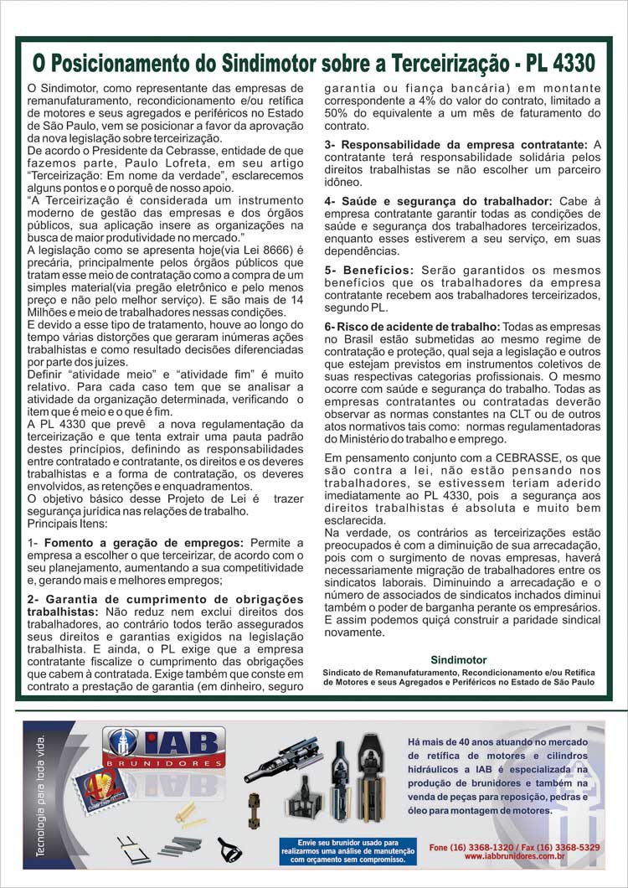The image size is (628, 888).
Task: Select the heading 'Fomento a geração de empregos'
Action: point(144,543)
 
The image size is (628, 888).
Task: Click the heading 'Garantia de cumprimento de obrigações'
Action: point(165,599)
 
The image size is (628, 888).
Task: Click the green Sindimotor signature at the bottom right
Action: point(458,660)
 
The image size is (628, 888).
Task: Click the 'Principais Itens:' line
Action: point(66,523)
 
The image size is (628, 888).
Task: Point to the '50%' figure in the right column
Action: point(338,113)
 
